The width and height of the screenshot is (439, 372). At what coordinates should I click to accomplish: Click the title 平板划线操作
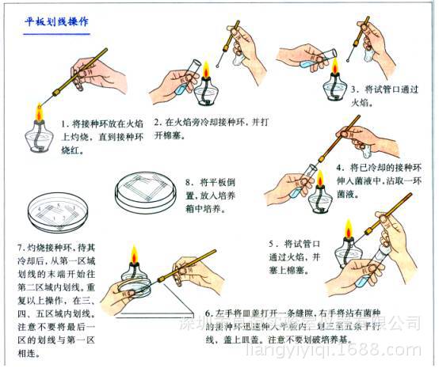tap(57, 21)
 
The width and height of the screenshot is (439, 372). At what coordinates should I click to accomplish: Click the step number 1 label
tap(65, 124)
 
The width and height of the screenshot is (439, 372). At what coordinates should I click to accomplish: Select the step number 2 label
tap(158, 123)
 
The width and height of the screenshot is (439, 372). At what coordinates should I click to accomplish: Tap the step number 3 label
tap(355, 89)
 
